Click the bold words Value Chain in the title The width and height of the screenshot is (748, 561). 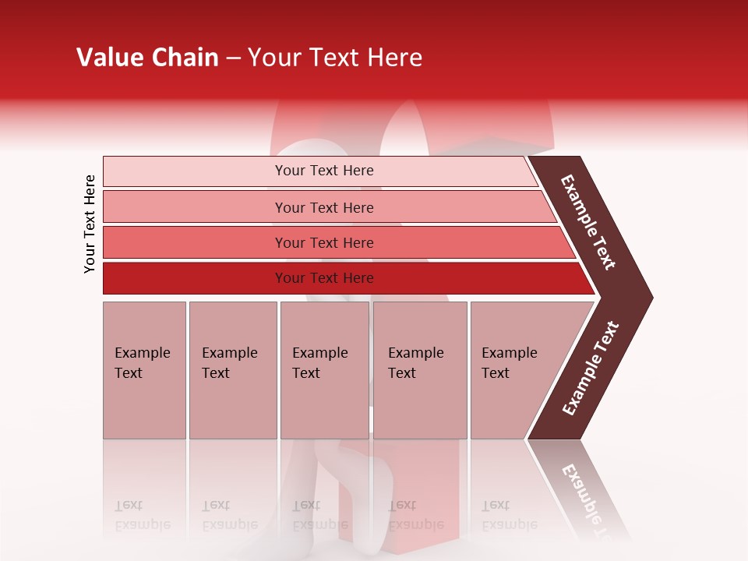(147, 58)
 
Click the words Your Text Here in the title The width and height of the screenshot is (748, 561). (335, 58)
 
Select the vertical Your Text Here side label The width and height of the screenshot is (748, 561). (90, 224)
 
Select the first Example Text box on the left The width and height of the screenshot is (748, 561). (144, 370)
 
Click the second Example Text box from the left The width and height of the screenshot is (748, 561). (232, 370)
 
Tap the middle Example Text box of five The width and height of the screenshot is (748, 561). (324, 370)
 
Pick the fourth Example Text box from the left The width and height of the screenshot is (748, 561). (419, 370)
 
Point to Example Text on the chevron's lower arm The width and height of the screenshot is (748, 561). (590, 369)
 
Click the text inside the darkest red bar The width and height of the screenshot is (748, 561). (324, 278)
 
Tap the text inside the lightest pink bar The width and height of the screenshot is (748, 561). (324, 171)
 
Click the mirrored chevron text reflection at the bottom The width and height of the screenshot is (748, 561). (588, 499)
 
